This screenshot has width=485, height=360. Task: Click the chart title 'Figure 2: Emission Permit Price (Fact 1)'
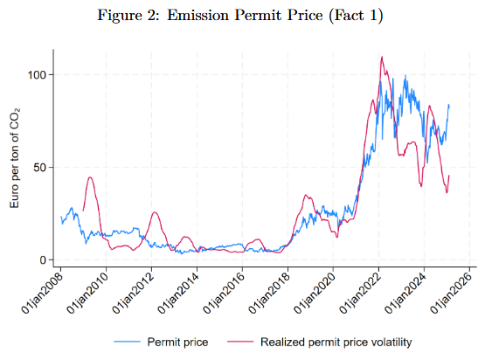point(240,15)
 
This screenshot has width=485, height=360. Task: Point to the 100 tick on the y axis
point(38,75)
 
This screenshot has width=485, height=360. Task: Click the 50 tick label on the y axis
point(40,167)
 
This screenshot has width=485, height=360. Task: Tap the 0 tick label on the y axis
point(44,260)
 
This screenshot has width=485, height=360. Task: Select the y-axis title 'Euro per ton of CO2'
point(15,158)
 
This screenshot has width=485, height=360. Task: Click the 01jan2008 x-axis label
point(43,293)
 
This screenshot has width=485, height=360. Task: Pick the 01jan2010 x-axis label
point(88,293)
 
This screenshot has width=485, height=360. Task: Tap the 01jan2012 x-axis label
point(134,293)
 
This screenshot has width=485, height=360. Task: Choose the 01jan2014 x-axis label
point(179,293)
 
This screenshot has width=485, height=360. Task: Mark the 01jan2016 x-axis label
point(225,293)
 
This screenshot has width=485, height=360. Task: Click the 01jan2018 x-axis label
point(270,293)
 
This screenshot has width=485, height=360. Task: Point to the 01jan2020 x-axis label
point(315,293)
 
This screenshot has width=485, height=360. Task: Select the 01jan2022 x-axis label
point(361,293)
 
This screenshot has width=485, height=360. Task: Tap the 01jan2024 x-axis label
point(406,293)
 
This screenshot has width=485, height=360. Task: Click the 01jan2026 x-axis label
point(452,293)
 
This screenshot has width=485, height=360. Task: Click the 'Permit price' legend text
point(177,342)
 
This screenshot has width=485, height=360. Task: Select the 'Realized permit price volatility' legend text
point(336,342)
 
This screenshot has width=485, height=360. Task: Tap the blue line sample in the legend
point(127,342)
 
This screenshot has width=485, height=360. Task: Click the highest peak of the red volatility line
point(382,57)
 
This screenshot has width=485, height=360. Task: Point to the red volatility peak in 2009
point(90,177)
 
